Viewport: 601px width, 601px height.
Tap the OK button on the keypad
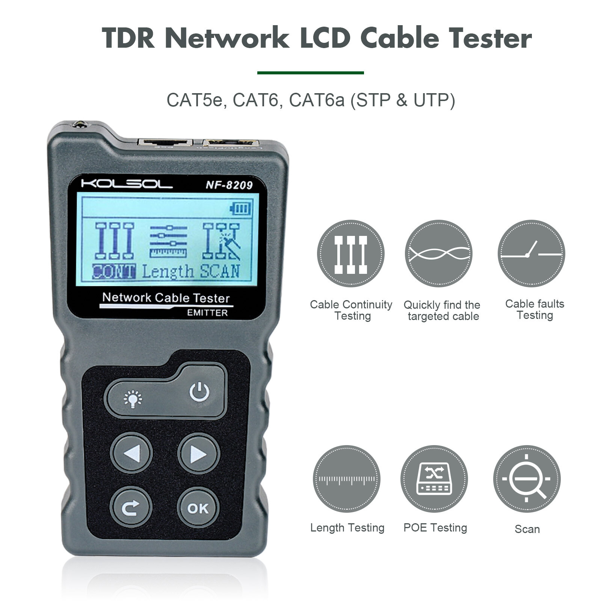tap(198, 508)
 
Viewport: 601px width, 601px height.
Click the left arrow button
tap(131, 453)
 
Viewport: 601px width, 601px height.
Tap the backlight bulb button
tap(133, 399)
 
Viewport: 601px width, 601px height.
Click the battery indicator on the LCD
tap(240, 208)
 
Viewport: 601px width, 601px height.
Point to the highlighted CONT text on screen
tap(114, 271)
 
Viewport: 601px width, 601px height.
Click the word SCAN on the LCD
tap(220, 271)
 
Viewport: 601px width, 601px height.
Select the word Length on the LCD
tap(168, 271)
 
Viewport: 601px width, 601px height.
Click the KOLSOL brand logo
tap(127, 184)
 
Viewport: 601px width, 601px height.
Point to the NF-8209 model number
tap(229, 185)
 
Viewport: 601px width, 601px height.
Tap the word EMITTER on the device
tap(207, 313)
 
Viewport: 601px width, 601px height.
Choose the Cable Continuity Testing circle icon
tap(350, 254)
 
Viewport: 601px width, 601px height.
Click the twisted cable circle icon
tap(439, 254)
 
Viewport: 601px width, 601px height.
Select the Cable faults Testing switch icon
tap(531, 254)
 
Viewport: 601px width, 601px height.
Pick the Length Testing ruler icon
tap(346, 479)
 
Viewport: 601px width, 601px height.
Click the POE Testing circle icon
tap(434, 479)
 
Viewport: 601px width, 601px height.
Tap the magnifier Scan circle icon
tap(527, 479)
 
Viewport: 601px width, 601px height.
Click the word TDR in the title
tap(128, 38)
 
